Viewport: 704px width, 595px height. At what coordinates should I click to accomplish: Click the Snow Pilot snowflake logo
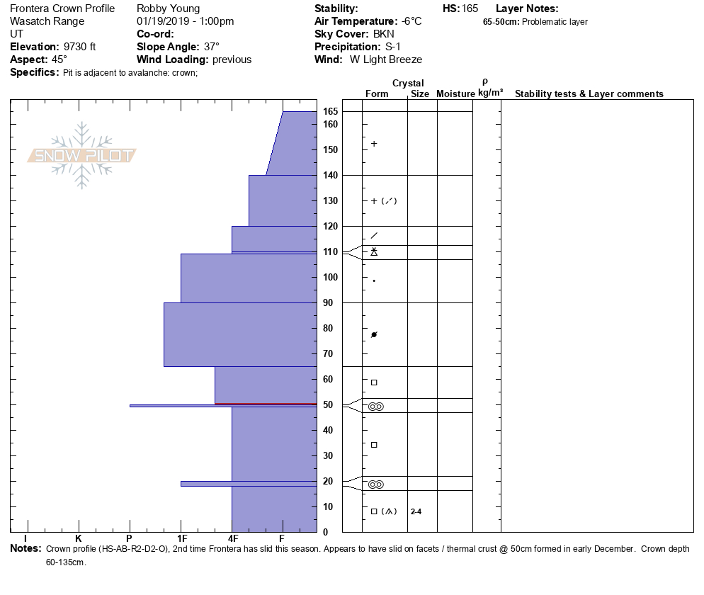[x=82, y=156]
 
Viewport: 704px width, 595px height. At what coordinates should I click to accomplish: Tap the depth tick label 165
[x=331, y=112]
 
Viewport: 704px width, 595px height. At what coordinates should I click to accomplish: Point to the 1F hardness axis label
[x=181, y=538]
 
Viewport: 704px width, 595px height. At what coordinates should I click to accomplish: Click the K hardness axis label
[x=78, y=538]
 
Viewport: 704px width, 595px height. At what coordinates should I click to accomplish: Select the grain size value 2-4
[x=416, y=511]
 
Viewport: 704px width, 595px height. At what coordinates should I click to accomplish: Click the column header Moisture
[x=455, y=94]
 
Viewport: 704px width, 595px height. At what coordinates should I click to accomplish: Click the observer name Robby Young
[x=168, y=8]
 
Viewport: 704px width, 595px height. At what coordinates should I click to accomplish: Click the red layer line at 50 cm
[x=266, y=404]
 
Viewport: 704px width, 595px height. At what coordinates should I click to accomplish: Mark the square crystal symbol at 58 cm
[x=374, y=382]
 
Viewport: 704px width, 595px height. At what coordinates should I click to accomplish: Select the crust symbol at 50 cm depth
[x=375, y=407]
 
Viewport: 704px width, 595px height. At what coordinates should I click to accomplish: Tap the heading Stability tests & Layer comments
[x=589, y=94]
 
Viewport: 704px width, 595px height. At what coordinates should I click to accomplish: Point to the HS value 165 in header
[x=470, y=8]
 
